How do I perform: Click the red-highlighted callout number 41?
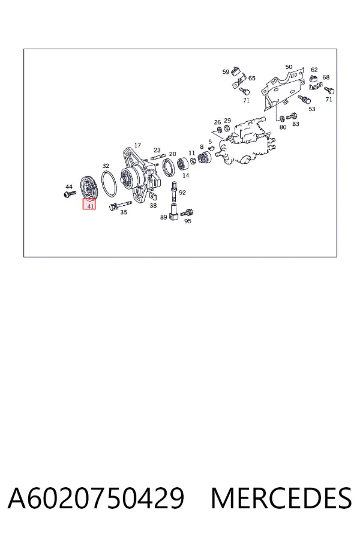[x=90, y=206]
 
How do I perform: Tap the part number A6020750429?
[x=96, y=498]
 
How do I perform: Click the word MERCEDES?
[x=281, y=498]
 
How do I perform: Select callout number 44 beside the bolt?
[x=69, y=187]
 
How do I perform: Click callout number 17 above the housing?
[x=137, y=145]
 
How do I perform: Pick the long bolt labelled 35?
[x=120, y=205]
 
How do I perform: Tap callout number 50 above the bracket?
[x=289, y=67]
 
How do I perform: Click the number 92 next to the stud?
[x=182, y=192]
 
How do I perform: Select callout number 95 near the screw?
[x=188, y=221]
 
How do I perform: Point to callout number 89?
[x=164, y=217]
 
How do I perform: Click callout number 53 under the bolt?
[x=312, y=109]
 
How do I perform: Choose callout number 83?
[x=296, y=124]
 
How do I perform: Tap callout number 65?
[x=252, y=78]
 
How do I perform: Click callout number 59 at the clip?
[x=226, y=71]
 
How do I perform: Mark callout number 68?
[x=326, y=77]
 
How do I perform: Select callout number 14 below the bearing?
[x=185, y=175]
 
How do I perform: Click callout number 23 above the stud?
[x=157, y=150]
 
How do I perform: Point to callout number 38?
[x=153, y=205]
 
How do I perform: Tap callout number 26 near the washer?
[x=217, y=122]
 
